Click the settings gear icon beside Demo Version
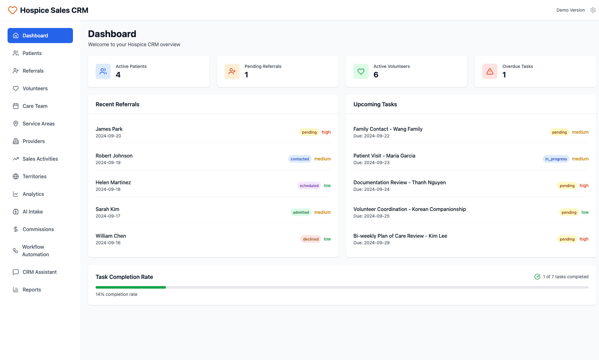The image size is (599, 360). point(593,10)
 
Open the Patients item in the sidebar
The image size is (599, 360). point(32,53)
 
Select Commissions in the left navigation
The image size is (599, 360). point(38,229)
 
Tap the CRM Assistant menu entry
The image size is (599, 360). point(39,272)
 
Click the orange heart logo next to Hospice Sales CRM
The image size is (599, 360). point(13,10)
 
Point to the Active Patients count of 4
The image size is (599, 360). point(118,75)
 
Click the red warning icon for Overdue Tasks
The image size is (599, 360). point(490,71)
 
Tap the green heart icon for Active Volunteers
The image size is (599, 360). point(361,71)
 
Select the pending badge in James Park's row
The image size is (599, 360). point(309,132)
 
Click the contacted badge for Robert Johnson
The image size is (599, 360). point(300,159)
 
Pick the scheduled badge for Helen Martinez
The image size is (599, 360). point(309,186)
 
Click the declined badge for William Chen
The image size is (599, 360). point(311,239)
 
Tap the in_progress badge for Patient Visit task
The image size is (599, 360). point(556,159)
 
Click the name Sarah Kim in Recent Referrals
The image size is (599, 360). point(107,209)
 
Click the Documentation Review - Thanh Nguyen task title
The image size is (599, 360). point(399,182)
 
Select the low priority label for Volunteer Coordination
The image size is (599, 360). point(585,212)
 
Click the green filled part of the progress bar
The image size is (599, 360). point(130,287)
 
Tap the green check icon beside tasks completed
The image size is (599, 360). point(537,277)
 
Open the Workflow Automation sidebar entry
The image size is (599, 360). point(36,251)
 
